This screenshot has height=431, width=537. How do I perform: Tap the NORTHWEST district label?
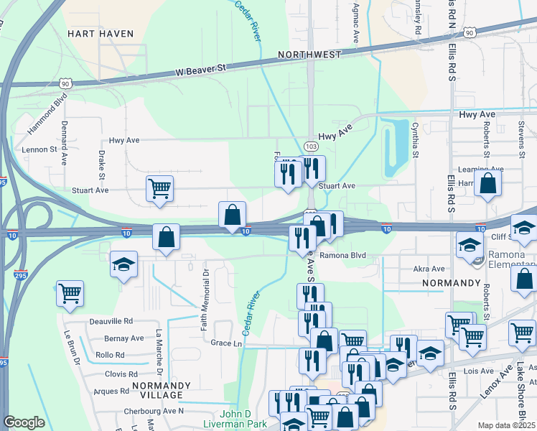click(x=311, y=55)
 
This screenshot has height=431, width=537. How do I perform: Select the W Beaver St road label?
click(x=201, y=70)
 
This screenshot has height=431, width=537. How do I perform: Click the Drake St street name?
click(x=101, y=164)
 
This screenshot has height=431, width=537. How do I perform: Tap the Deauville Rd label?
click(x=111, y=321)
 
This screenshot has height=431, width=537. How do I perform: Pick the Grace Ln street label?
click(x=227, y=343)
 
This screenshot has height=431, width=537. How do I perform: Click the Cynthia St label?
click(x=415, y=144)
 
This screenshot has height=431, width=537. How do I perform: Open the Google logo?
click(x=24, y=422)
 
